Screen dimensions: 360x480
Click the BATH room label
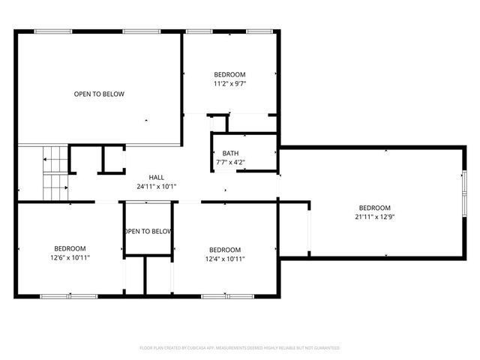(x=229, y=153)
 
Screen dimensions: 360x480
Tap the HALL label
(x=156, y=178)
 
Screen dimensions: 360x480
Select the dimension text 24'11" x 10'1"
(x=156, y=187)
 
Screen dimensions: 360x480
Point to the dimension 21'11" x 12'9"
(x=374, y=217)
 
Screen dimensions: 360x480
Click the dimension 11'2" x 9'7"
(x=229, y=84)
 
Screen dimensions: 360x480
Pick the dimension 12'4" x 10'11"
(x=225, y=259)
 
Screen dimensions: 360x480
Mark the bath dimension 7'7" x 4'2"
(x=229, y=162)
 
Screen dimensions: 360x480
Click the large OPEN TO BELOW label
(x=99, y=94)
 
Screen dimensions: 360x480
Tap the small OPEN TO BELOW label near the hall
(x=148, y=232)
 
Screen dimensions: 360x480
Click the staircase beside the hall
(x=55, y=172)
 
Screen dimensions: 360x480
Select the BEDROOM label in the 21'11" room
(x=374, y=208)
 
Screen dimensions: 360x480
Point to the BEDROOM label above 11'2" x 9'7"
(x=229, y=75)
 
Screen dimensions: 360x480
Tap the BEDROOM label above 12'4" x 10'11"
(x=225, y=250)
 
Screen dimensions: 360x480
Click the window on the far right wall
(x=463, y=192)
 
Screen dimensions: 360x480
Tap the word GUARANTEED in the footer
(x=325, y=348)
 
